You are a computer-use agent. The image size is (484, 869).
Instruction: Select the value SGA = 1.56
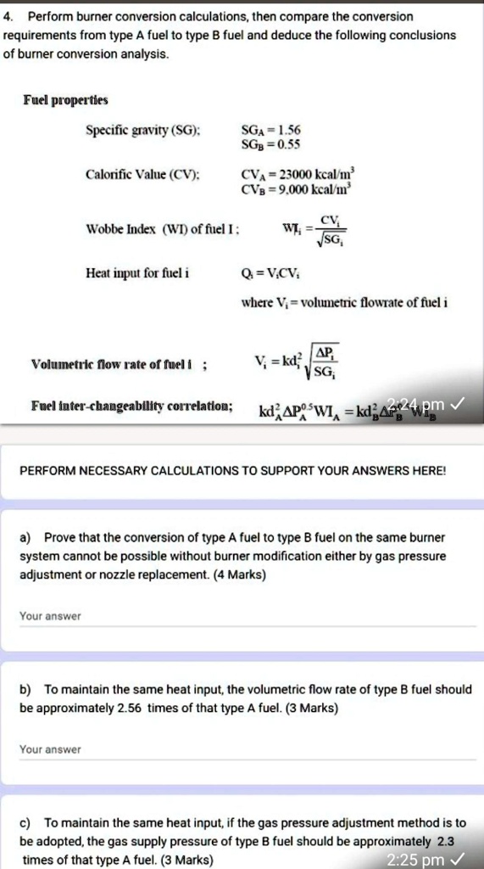click(x=270, y=130)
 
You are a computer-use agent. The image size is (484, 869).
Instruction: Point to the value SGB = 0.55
click(x=270, y=144)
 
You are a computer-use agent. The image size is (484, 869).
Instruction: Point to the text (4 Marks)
click(x=241, y=575)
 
